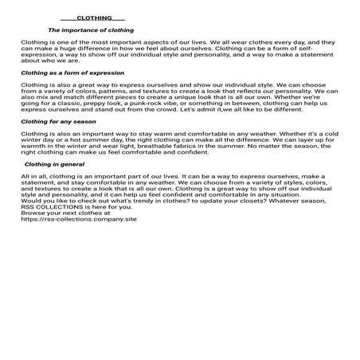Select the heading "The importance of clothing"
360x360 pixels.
[x=91, y=30]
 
